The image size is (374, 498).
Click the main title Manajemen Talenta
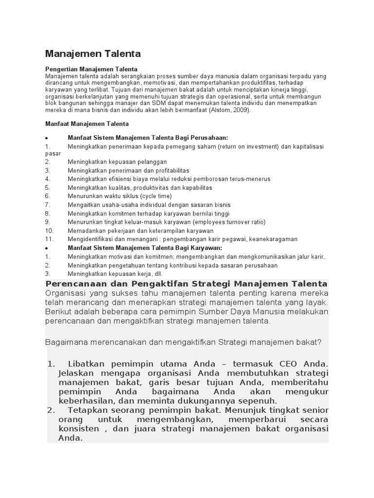pyautogui.click(x=93, y=53)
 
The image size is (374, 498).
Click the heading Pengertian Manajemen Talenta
pyautogui.click(x=92, y=69)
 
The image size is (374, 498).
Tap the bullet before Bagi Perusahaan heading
pyautogui.click(x=46, y=138)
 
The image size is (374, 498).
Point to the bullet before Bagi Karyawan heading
pyautogui.click(x=46, y=249)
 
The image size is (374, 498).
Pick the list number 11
pyautogui.click(x=49, y=239)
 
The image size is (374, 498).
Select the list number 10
pyautogui.click(x=49, y=231)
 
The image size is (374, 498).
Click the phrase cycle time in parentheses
pyautogui.click(x=156, y=196)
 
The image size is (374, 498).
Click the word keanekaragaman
pyautogui.click(x=274, y=239)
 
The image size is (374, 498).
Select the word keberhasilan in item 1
pyautogui.click(x=85, y=401)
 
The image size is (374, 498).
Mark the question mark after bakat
pyautogui.click(x=319, y=342)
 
